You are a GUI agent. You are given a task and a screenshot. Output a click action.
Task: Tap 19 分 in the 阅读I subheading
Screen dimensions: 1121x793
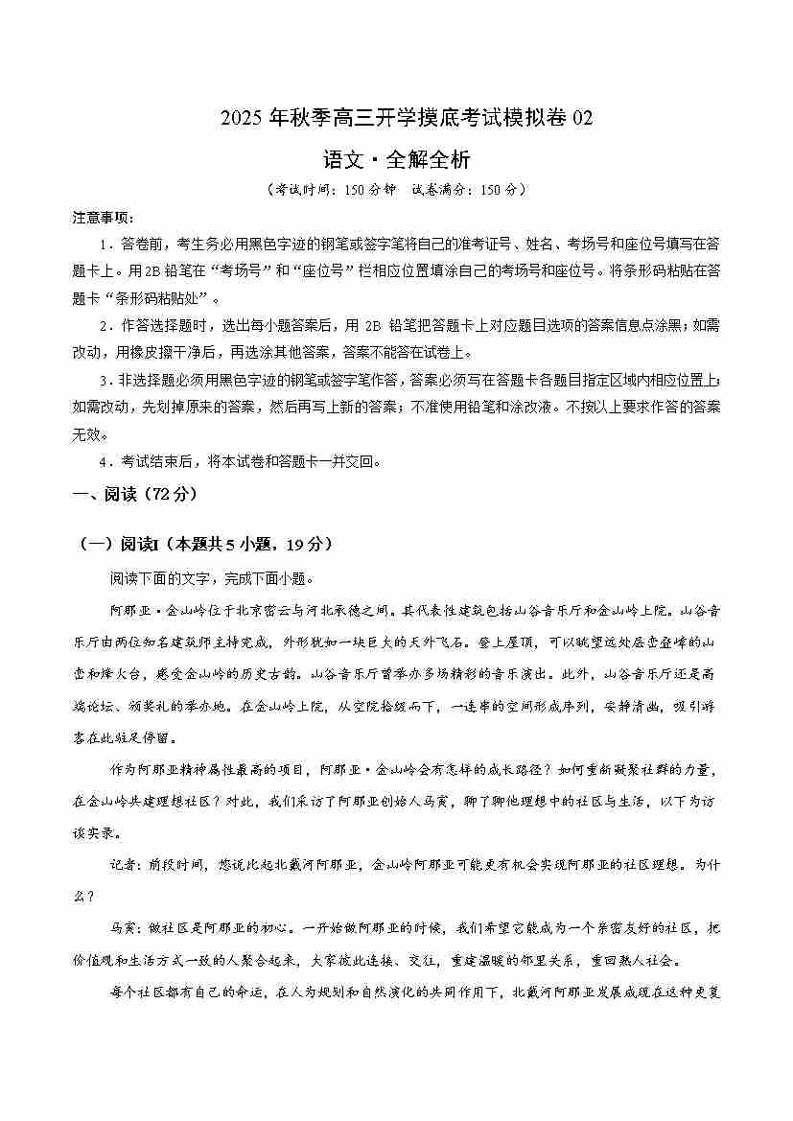305,545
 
